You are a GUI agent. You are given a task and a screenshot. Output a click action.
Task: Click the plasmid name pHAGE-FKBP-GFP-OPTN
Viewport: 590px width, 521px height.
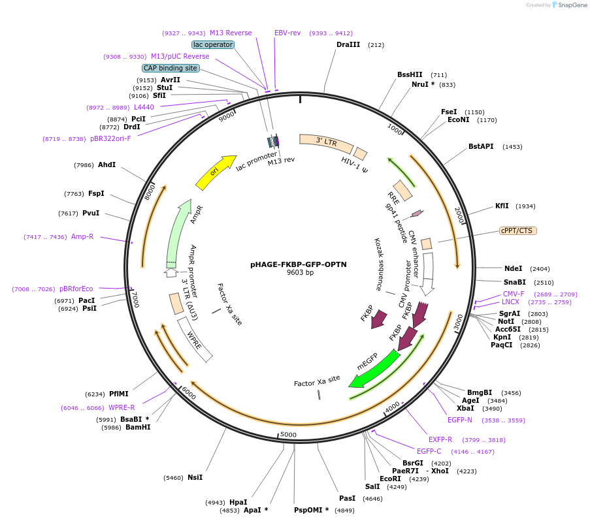(x=299, y=264)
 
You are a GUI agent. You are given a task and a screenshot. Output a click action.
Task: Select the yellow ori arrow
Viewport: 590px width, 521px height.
(x=215, y=173)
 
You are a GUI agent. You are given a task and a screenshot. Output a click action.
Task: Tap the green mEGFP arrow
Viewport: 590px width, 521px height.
(x=374, y=369)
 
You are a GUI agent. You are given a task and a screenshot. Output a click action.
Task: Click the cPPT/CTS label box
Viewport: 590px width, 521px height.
(x=517, y=230)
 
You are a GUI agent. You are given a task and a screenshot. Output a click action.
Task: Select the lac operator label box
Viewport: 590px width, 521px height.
(x=213, y=44)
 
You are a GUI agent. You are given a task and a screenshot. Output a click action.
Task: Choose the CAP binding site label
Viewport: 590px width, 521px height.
(x=171, y=68)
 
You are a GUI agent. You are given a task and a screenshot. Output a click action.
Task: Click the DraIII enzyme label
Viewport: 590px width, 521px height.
(x=348, y=45)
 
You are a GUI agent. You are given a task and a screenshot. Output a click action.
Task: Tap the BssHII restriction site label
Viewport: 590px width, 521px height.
(x=410, y=74)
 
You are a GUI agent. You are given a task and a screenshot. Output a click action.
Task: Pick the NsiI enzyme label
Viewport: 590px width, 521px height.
(x=195, y=477)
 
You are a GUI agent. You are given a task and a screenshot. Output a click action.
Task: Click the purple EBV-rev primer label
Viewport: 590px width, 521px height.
(x=287, y=33)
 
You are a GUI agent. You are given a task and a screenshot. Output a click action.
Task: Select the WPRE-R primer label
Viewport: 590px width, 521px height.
(x=122, y=407)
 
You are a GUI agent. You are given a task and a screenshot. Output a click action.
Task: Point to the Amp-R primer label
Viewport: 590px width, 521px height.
(x=82, y=236)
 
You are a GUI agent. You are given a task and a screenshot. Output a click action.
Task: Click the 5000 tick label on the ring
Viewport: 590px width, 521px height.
(x=288, y=435)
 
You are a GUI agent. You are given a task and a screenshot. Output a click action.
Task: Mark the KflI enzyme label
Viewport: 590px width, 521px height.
(x=502, y=206)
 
